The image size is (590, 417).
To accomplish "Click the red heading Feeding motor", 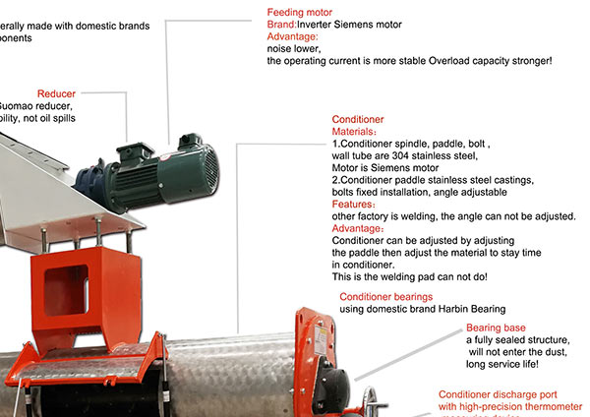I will point(301,12).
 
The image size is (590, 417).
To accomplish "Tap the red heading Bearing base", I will point(496,328).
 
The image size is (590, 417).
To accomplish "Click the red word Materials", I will point(353,131).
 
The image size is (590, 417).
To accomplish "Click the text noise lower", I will point(294,48).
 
